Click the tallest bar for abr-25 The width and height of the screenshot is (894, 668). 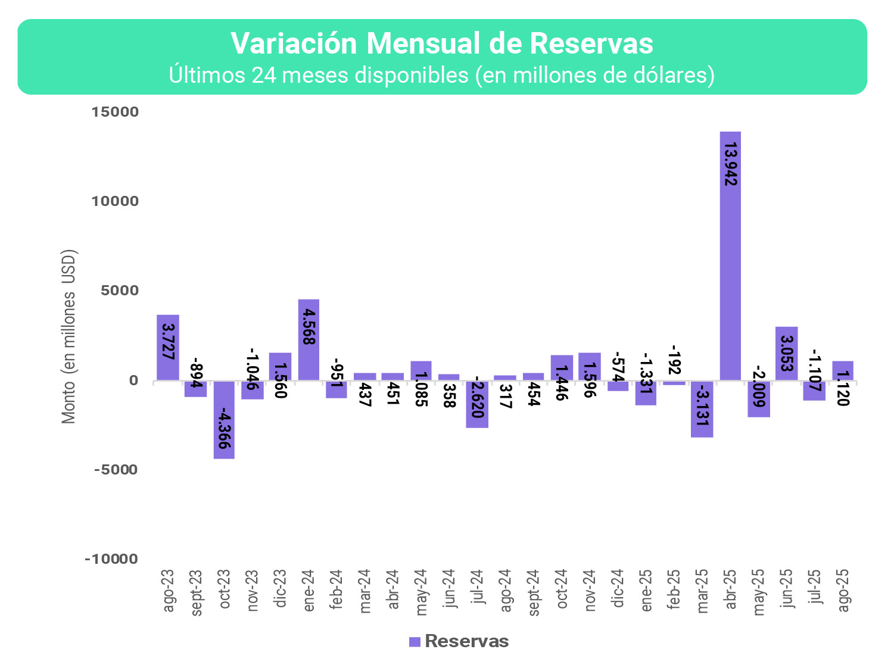(x=730, y=256)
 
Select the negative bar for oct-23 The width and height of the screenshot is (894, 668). (x=224, y=420)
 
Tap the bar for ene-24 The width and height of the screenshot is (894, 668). (x=309, y=339)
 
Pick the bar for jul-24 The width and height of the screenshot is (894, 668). (x=477, y=404)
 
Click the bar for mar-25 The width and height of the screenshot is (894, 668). (x=702, y=409)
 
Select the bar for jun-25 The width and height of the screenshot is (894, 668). (x=786, y=353)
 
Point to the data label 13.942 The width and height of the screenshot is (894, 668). (x=731, y=164)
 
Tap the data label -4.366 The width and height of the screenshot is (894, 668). (x=225, y=428)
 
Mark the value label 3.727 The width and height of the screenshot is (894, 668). (x=169, y=342)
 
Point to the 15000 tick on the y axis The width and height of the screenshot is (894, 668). (x=115, y=112)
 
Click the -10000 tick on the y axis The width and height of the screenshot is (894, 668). (x=111, y=559)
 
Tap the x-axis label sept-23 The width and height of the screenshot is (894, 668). (x=197, y=592)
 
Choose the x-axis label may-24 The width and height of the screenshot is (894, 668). (x=422, y=592)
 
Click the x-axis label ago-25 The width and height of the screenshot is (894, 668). (x=843, y=590)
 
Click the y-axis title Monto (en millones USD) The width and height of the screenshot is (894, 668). (x=70, y=336)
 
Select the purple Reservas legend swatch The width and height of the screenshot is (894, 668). (x=415, y=641)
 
